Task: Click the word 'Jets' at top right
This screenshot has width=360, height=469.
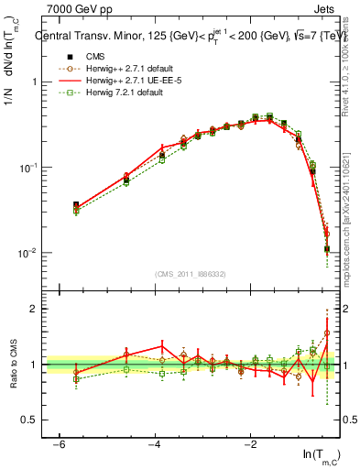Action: (x=325, y=8)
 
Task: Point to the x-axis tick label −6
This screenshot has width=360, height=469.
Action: (x=59, y=444)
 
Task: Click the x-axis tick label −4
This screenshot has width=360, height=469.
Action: (x=154, y=444)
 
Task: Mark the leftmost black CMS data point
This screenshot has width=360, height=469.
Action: (x=76, y=205)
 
